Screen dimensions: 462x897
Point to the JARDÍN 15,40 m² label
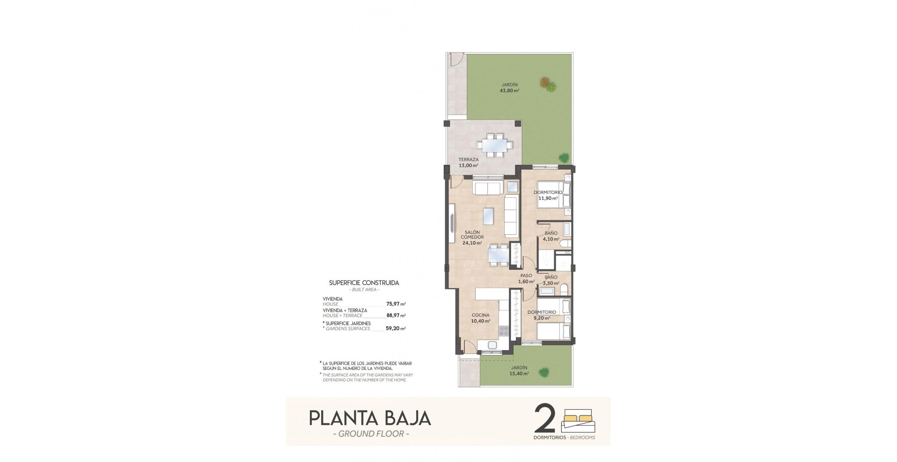519,370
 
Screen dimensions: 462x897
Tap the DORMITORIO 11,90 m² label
548,195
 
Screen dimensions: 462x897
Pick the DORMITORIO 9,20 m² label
542,315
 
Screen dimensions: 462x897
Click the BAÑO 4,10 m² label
551,236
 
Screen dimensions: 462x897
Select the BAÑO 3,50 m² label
551,280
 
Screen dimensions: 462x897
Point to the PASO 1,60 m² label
526,278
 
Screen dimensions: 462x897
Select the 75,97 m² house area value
396,304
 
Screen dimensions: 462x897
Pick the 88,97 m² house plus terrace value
396,315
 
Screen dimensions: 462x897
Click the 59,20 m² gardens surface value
396,328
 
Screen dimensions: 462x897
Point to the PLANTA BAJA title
370,418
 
